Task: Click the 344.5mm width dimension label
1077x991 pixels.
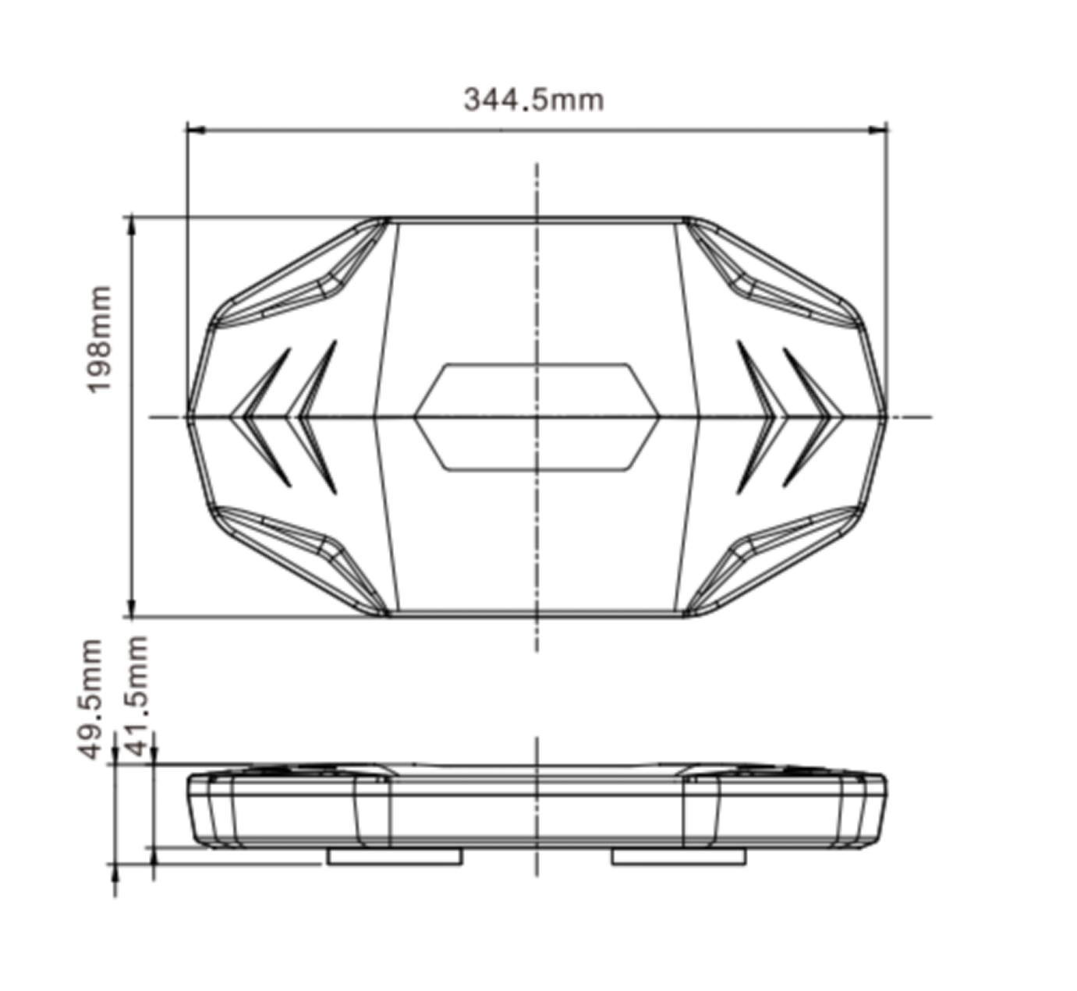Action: click(533, 100)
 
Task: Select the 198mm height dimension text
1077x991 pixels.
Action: click(99, 340)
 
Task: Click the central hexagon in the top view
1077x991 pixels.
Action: click(537, 417)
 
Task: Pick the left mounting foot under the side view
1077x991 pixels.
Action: click(395, 856)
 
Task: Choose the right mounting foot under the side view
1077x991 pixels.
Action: click(678, 856)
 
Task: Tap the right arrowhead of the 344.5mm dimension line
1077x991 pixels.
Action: click(878, 129)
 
